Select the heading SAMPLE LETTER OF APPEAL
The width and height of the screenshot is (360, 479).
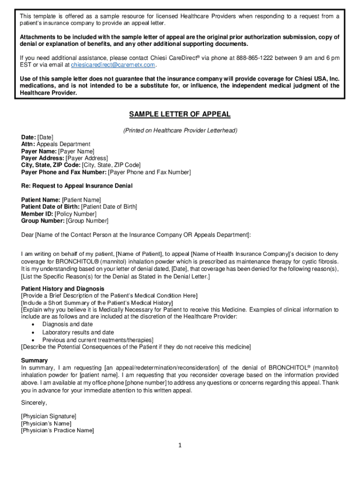(x=180, y=115)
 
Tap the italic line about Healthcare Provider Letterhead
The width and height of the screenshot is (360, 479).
(x=180, y=131)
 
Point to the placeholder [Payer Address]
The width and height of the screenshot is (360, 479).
(x=84, y=159)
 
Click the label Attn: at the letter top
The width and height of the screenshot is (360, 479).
(x=28, y=145)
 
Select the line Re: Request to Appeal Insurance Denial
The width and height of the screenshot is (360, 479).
(x=77, y=186)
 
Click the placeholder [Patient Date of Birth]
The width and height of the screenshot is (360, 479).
(x=109, y=207)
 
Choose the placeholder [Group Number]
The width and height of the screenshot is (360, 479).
(x=87, y=221)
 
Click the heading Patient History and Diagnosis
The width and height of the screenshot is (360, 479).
(x=63, y=289)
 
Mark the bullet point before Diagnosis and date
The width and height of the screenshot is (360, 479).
(x=32, y=324)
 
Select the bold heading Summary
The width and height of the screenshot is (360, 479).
(x=34, y=361)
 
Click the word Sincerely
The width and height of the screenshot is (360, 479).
(x=34, y=403)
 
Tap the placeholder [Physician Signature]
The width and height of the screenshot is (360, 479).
(x=49, y=416)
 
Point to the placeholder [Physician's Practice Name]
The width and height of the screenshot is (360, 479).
(x=57, y=430)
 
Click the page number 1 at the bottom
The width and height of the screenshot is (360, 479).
(x=180, y=445)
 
